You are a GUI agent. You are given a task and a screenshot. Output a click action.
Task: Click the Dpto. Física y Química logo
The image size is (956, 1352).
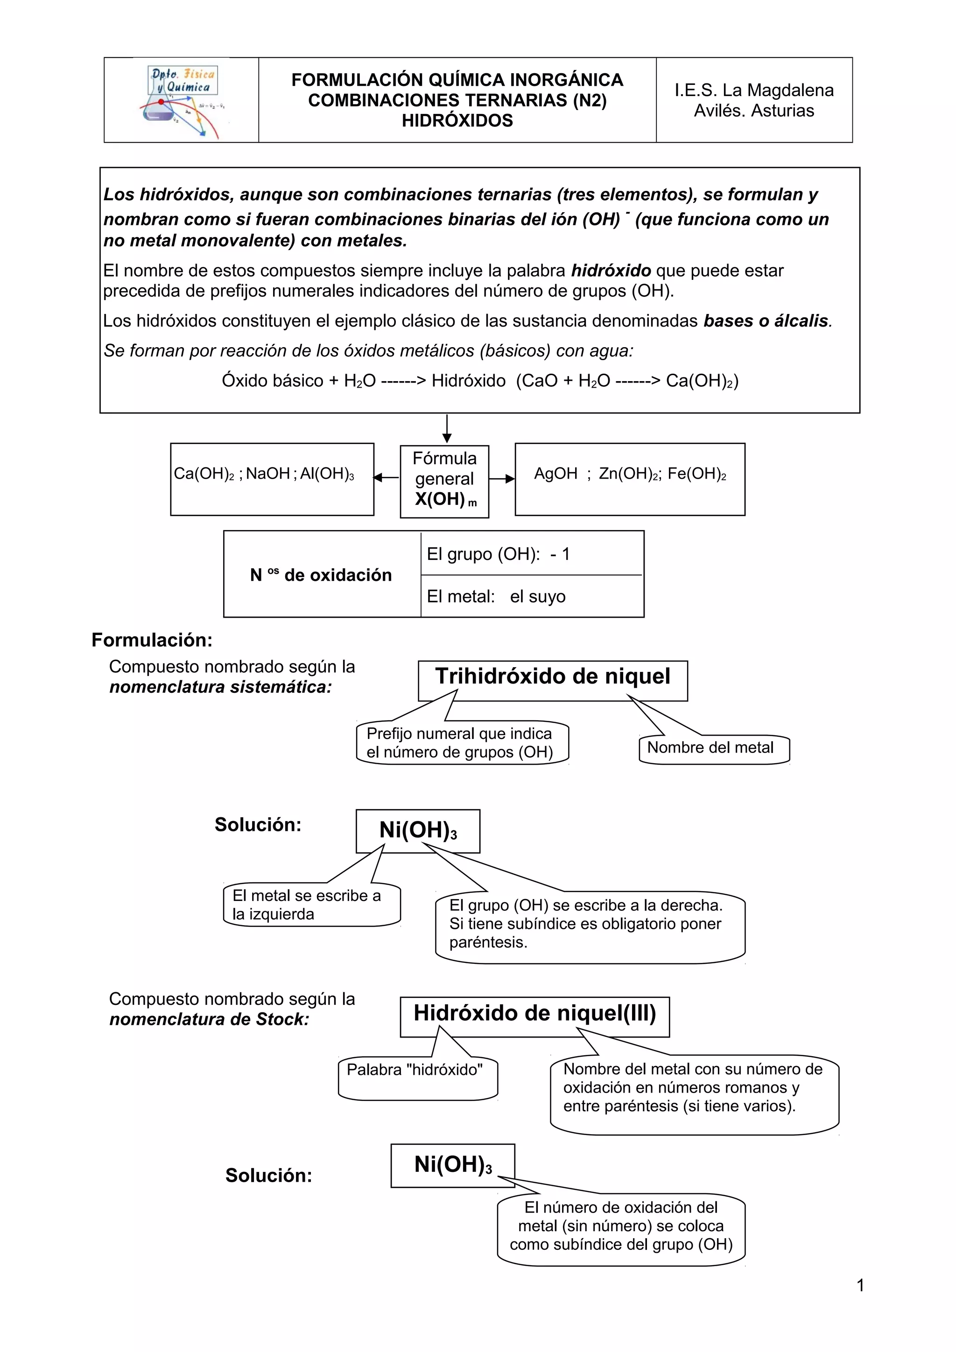click(182, 100)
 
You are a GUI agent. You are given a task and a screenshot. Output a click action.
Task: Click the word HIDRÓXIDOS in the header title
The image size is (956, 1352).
click(457, 121)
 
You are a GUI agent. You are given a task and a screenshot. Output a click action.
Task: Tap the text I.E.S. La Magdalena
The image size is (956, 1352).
click(754, 90)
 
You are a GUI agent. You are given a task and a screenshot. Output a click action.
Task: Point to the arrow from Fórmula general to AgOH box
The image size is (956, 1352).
click(502, 479)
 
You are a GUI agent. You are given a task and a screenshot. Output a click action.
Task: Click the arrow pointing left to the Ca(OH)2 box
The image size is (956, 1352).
click(387, 478)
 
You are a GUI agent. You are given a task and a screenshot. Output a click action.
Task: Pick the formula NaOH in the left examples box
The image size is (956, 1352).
click(268, 474)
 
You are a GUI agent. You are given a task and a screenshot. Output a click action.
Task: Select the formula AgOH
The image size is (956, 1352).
click(555, 474)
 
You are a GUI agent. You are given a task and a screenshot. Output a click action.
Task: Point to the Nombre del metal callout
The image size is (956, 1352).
click(710, 748)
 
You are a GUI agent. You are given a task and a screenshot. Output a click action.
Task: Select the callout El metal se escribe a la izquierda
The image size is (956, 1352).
click(307, 905)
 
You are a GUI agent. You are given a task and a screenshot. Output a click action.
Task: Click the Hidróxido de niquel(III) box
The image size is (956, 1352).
click(534, 1013)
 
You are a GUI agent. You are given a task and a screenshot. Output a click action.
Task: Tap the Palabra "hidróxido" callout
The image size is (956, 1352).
click(415, 1070)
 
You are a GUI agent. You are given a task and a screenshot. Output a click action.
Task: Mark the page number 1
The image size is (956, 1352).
click(860, 1285)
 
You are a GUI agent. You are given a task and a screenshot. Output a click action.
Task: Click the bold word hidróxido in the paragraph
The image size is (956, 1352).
click(611, 271)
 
